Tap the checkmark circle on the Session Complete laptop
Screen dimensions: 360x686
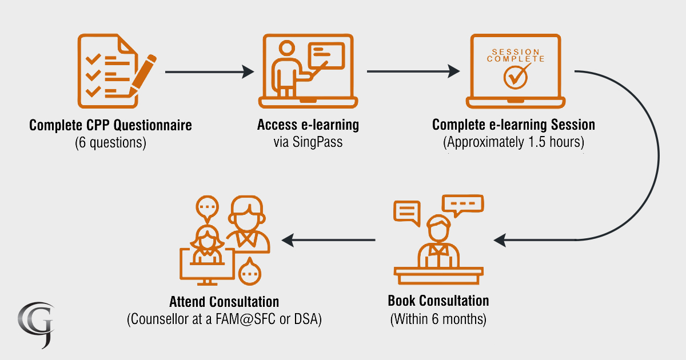[516, 77]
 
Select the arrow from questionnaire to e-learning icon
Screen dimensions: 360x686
[209, 71]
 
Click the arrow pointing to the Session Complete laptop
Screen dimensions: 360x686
[413, 71]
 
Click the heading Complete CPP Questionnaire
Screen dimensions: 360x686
[110, 125]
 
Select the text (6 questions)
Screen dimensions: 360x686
[110, 142]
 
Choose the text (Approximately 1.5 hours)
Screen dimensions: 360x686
[513, 142]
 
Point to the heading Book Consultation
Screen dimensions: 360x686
[438, 301]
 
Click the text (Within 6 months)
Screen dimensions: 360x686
[438, 318]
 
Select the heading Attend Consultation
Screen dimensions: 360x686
[224, 301]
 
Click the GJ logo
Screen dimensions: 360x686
[35, 323]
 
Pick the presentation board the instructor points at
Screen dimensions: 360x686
[326, 55]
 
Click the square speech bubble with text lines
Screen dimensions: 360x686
[406, 212]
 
